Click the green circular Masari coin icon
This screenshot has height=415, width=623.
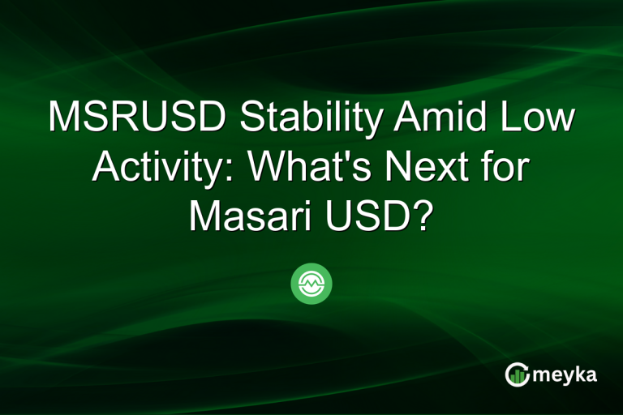pyautogui.click(x=311, y=283)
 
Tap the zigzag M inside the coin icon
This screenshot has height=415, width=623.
pyautogui.click(x=311, y=284)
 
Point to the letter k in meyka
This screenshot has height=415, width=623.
pyautogui.click(x=582, y=373)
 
